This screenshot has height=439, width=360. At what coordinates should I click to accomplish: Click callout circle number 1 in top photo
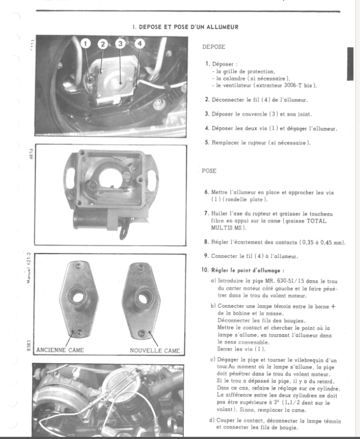click(86, 43)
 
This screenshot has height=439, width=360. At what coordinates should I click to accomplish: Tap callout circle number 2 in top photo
click(103, 43)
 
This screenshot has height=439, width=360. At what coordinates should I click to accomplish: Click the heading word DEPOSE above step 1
click(213, 47)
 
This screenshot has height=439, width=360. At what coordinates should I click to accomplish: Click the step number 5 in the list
click(206, 143)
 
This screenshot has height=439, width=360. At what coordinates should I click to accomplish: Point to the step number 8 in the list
click(206, 241)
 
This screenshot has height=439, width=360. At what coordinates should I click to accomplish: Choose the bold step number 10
click(206, 270)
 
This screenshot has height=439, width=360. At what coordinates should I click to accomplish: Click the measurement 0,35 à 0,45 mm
click(322, 241)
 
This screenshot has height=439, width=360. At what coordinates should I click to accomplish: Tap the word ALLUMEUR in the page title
click(219, 26)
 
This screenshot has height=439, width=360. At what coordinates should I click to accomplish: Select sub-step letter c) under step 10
click(213, 360)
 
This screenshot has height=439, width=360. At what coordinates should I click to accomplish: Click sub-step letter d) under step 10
click(213, 421)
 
